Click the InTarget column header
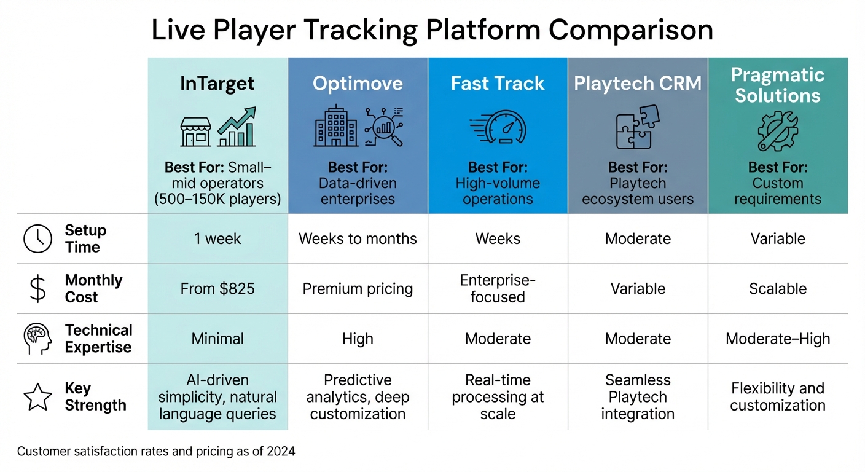217,84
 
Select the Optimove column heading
358,84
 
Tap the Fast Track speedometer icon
498,128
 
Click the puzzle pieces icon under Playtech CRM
637,127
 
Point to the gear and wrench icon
777,131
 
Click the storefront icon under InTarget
195,132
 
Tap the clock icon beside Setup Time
37,239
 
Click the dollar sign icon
37,289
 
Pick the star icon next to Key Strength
37,397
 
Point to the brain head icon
37,339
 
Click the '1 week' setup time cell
217,238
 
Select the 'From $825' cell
217,289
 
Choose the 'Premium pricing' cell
358,289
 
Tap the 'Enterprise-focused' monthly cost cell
498,289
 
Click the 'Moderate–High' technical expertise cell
778,339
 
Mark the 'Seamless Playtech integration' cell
638,397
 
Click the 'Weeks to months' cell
358,238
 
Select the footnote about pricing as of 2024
156,452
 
